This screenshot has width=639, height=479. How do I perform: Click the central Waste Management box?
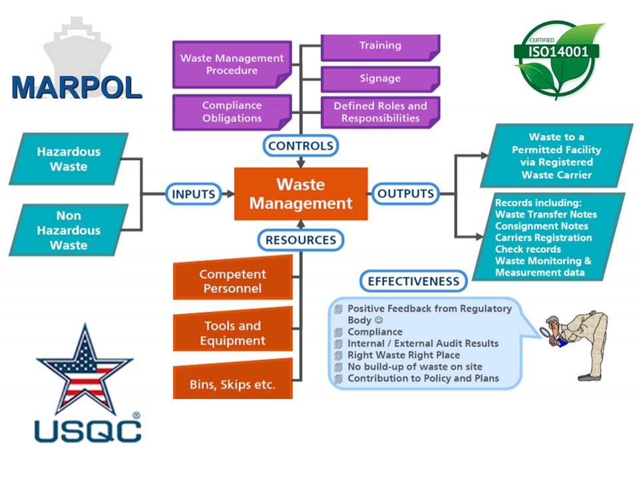click(301, 194)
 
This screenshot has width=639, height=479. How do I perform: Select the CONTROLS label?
click(300, 145)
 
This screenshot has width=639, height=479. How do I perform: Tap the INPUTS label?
click(194, 194)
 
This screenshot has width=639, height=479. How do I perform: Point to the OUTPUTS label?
click(405, 194)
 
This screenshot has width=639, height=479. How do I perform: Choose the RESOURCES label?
click(300, 239)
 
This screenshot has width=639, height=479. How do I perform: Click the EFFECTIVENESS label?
click(413, 281)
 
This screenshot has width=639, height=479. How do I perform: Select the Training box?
click(380, 47)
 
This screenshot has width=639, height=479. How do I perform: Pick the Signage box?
click(380, 79)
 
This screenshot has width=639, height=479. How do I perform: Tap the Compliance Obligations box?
click(232, 112)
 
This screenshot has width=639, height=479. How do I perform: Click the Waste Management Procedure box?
click(232, 65)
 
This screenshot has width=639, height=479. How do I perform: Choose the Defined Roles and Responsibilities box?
click(380, 112)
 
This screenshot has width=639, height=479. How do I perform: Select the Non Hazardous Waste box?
click(69, 230)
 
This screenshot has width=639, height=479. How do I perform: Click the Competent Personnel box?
click(232, 281)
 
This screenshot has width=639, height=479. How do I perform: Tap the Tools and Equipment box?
click(232, 333)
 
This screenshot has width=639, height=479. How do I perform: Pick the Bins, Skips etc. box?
click(232, 385)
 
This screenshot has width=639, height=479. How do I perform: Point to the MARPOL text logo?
click(77, 87)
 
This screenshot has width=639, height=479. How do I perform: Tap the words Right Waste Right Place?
click(403, 355)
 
